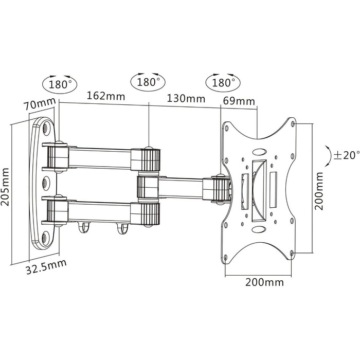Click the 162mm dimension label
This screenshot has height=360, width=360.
click(x=106, y=96)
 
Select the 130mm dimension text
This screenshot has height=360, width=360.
click(x=186, y=99)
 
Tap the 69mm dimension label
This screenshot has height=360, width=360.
click(x=239, y=101)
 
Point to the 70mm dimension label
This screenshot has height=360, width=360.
click(x=40, y=103)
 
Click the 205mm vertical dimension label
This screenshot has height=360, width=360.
click(x=5, y=187)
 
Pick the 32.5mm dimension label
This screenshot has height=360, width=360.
click(x=46, y=267)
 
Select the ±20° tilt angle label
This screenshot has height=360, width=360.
click(x=347, y=155)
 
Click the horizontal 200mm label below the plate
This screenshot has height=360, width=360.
click(x=264, y=282)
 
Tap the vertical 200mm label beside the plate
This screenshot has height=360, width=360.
click(x=319, y=191)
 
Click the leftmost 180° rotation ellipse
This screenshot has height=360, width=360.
click(x=60, y=84)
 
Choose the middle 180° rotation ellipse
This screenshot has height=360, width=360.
click(x=148, y=82)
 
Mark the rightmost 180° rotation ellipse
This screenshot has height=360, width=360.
click(x=223, y=82)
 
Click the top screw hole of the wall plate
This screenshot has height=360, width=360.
click(x=45, y=127)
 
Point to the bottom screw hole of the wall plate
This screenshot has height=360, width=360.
click(x=45, y=236)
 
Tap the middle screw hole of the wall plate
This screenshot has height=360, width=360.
click(x=45, y=183)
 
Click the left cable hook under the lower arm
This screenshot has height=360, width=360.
click(x=83, y=227)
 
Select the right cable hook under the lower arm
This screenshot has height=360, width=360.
click(x=122, y=229)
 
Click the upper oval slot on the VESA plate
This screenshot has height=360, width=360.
click(x=259, y=152)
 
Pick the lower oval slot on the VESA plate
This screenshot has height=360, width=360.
click(x=259, y=229)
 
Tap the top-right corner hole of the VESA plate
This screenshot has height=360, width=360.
click(x=293, y=124)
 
